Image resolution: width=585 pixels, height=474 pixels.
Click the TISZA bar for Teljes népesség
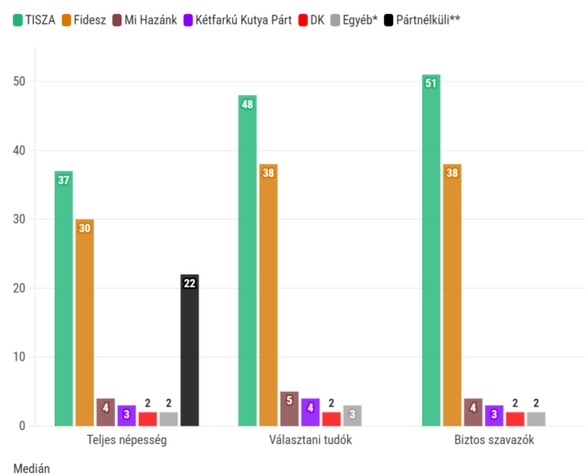63,298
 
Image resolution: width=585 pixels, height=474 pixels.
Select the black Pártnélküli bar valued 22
189,350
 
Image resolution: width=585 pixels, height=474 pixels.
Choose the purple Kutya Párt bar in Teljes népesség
126,415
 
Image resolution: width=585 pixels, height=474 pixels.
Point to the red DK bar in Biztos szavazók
515,419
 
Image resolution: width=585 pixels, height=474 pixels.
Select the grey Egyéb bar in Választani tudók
352,415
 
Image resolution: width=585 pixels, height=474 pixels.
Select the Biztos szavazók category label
494,440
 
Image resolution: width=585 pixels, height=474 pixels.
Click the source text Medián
32,468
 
